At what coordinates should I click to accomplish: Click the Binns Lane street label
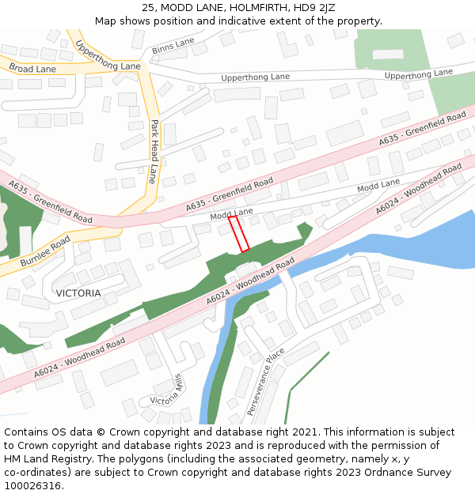(173, 46)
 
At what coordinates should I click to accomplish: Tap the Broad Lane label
(32, 70)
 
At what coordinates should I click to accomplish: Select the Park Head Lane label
(153, 151)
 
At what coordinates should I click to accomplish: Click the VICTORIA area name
(78, 293)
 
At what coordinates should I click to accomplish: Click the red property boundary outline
(239, 234)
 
